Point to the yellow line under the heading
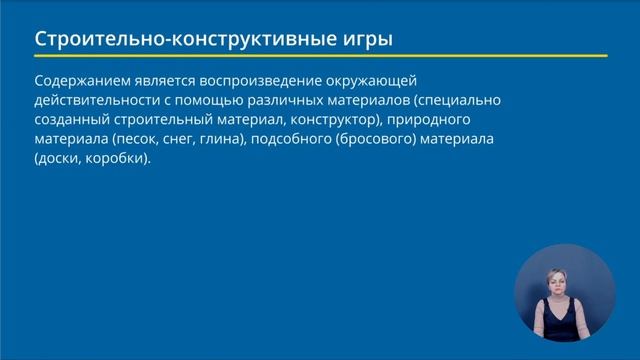(x=320, y=56)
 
